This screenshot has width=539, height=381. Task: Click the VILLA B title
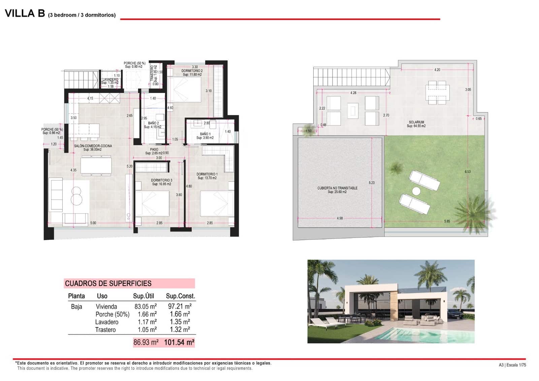coord(25,13)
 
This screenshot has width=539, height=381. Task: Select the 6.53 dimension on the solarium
coord(468,172)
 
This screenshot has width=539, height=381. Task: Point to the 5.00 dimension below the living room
coord(93,223)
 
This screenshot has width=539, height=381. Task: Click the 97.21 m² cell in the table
coord(180,306)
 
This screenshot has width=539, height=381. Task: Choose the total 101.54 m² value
coord(179,343)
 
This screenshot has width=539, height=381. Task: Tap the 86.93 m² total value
coord(146,343)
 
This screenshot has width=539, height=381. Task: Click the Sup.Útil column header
coord(144,296)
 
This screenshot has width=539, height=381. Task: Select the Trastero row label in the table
coord(105,330)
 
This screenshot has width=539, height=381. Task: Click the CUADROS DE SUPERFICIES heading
coord(108,284)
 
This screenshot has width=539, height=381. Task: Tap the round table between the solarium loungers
coord(416,191)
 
